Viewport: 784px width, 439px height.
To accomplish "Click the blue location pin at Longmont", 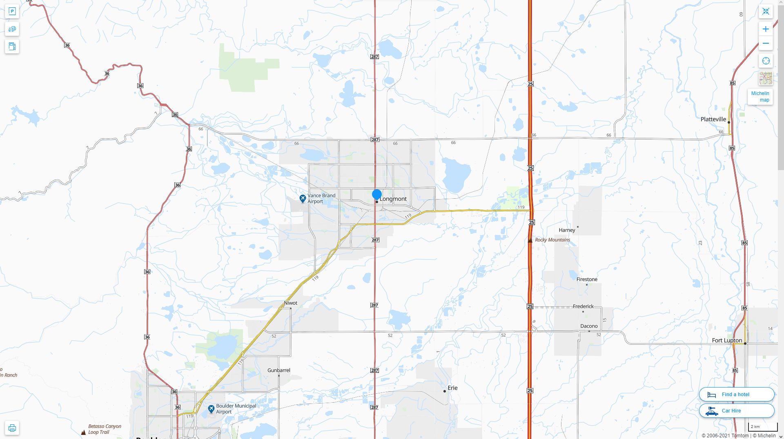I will (376, 195).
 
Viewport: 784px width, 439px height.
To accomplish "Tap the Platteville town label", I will (713, 120).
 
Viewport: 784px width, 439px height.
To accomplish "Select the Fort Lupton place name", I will (727, 340).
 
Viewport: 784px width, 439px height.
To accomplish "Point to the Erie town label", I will (452, 388).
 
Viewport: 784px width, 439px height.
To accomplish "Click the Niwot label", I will (290, 303).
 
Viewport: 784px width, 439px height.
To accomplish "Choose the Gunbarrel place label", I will (279, 370).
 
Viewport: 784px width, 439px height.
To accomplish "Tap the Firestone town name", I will (587, 279).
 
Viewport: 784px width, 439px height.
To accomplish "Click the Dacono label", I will (589, 326).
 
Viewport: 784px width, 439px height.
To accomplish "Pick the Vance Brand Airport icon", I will (303, 199).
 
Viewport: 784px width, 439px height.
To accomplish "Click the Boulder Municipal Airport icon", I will (211, 409).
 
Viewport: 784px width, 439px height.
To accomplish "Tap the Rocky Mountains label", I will (552, 240).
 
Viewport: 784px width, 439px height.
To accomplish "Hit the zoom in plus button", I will (766, 29).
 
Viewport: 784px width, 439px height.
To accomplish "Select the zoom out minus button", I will (766, 44).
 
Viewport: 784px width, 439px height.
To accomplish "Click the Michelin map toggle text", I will (760, 97).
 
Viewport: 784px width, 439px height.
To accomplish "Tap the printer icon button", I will (12, 428).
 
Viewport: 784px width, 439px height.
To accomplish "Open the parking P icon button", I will (12, 11).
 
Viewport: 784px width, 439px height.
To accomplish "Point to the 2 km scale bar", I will (762, 427).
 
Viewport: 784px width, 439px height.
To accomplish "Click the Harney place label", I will (567, 230).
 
